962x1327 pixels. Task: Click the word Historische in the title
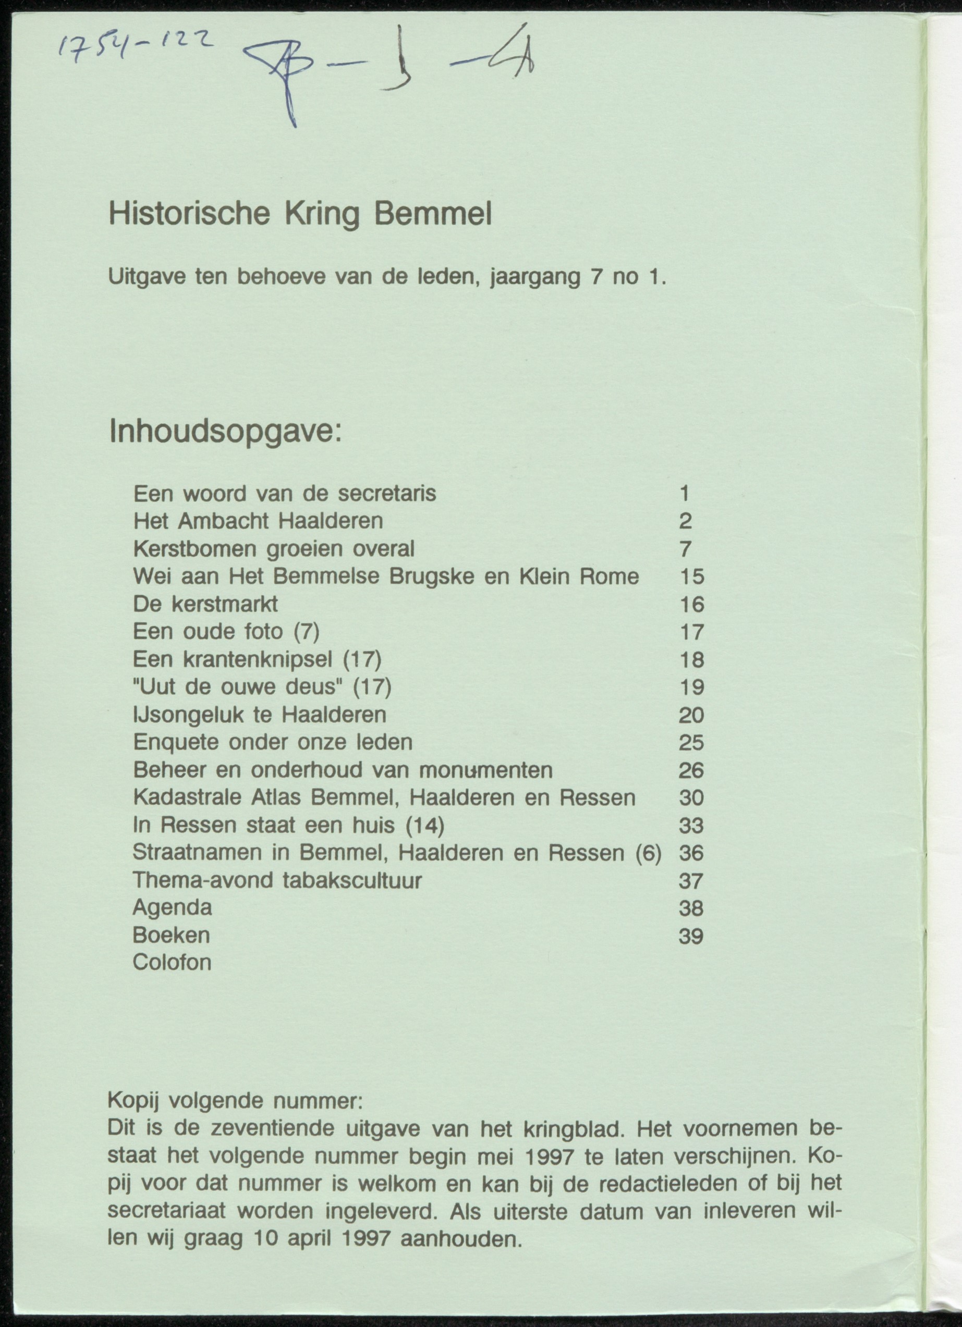189,215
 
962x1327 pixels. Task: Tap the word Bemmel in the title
432,215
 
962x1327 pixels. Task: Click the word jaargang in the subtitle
534,276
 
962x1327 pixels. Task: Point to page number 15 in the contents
692,577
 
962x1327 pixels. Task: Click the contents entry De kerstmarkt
205,605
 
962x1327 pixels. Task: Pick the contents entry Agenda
172,907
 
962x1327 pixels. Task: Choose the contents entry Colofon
172,963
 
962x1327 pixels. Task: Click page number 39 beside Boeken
690,936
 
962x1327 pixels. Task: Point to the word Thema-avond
202,880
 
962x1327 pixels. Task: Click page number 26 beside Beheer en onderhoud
691,770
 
